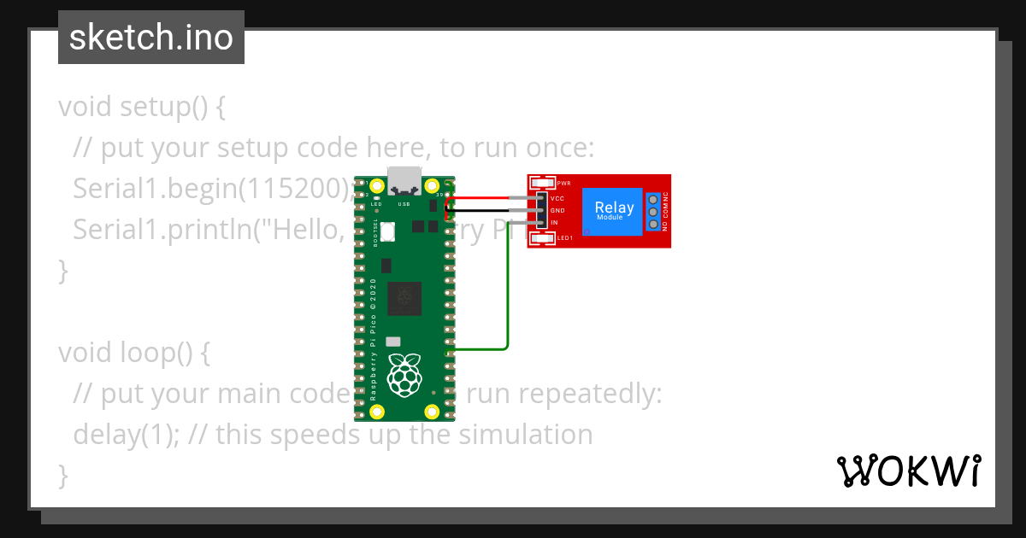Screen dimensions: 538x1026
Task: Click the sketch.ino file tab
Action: tap(151, 38)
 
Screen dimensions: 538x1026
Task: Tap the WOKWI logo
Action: tap(907, 471)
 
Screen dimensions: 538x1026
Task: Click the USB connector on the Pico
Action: tap(404, 182)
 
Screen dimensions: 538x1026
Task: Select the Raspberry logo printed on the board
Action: tap(404, 375)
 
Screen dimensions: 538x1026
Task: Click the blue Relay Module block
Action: tap(614, 211)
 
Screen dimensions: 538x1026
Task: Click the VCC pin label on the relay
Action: tap(557, 198)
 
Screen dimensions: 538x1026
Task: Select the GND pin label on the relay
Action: tap(557, 210)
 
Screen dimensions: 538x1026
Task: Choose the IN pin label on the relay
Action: tap(555, 222)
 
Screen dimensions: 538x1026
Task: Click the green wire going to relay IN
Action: tap(509, 290)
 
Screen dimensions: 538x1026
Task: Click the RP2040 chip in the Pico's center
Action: tap(404, 298)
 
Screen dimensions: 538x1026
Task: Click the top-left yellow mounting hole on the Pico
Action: tap(376, 184)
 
